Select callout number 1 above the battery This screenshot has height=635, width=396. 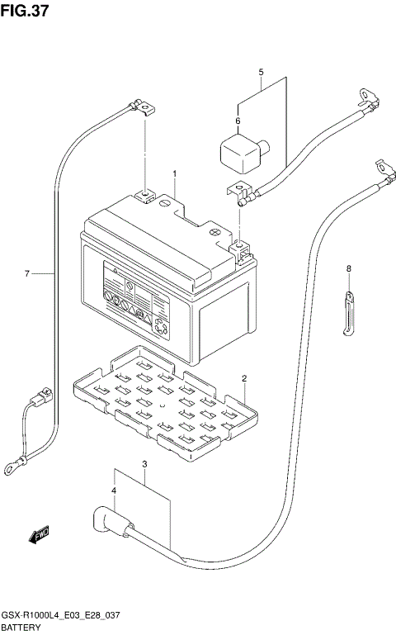[175, 173]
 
